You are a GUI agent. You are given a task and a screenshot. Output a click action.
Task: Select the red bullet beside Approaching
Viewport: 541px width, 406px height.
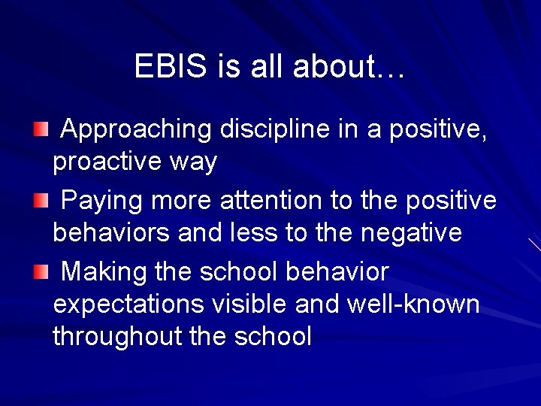point(40,131)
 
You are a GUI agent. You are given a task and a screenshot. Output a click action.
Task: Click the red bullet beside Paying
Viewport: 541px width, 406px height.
point(40,201)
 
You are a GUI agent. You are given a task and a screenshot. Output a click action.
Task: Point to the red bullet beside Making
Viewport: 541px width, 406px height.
point(40,271)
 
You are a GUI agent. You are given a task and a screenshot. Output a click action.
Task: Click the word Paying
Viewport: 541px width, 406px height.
point(102,201)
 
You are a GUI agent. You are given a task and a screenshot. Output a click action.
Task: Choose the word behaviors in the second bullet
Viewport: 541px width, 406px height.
point(111,233)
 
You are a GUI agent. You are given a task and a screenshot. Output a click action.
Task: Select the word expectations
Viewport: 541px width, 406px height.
point(127,304)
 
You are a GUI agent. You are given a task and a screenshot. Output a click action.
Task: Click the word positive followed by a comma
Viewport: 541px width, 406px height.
point(441,131)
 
